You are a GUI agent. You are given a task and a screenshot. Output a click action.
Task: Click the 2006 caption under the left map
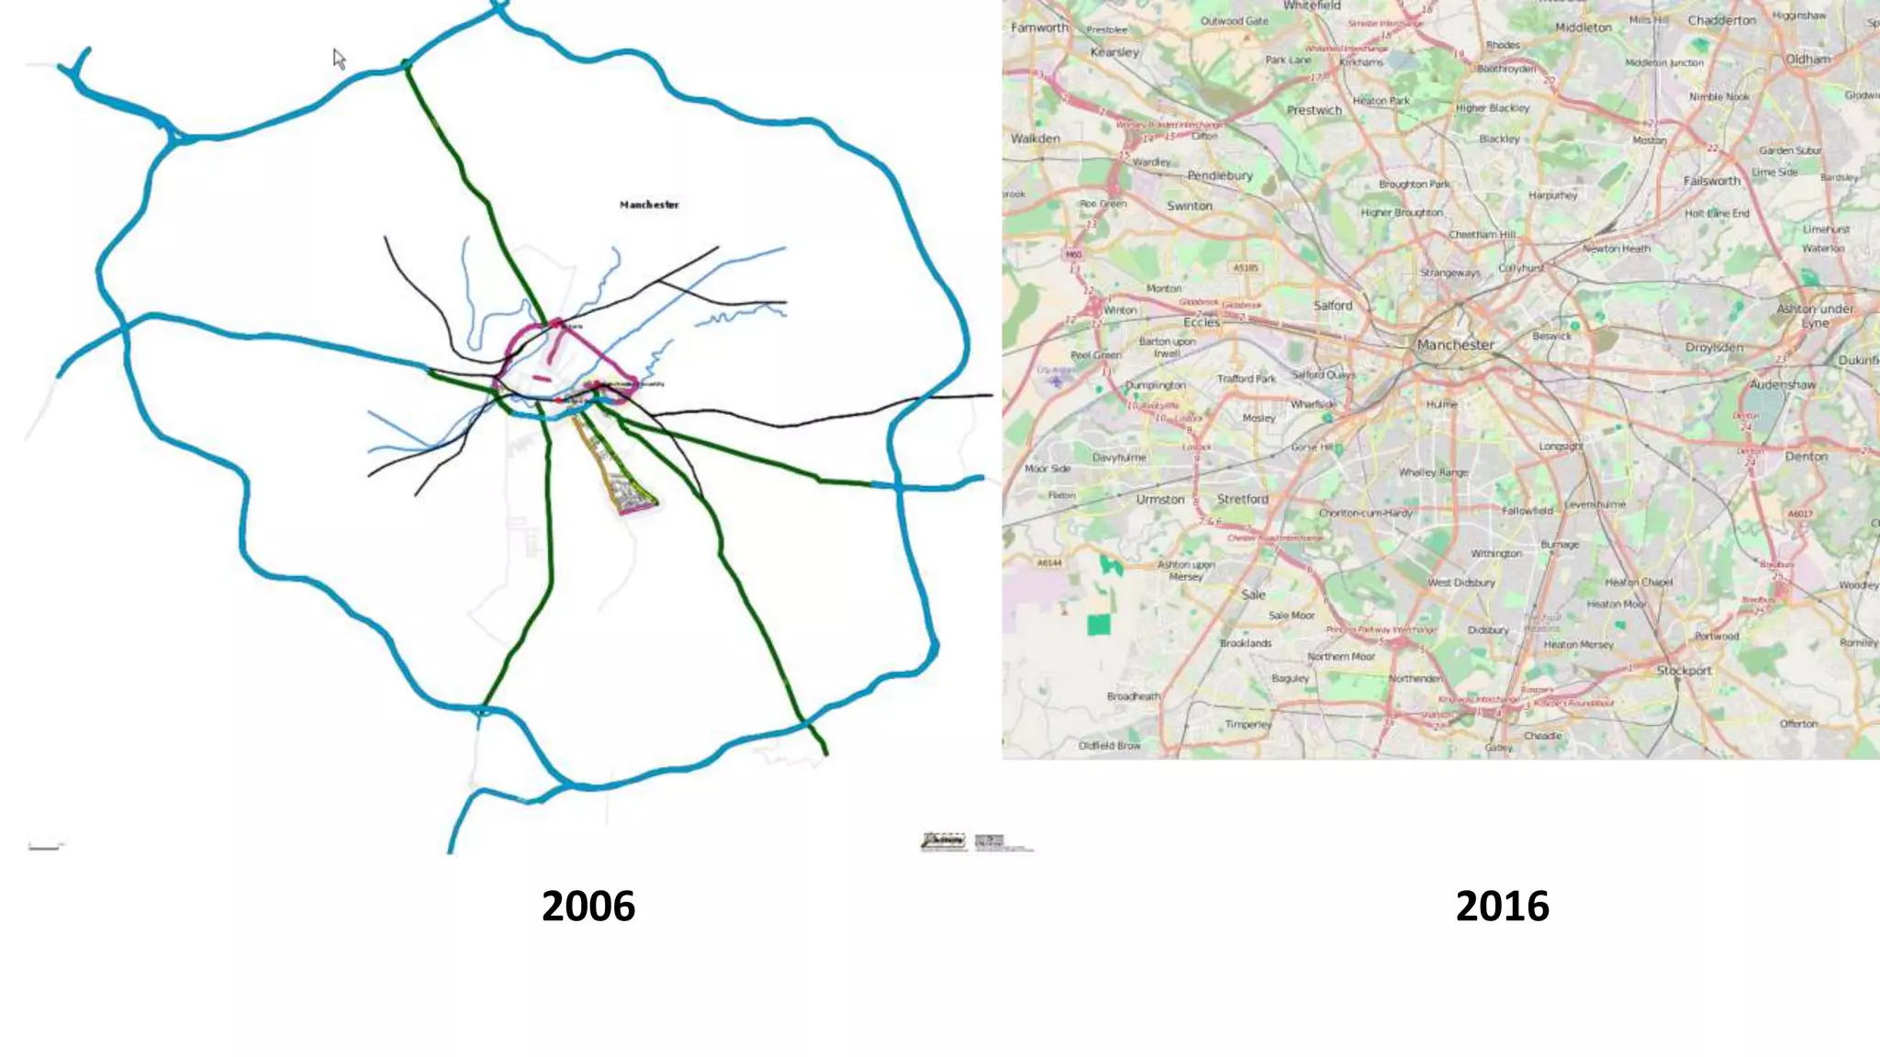587,906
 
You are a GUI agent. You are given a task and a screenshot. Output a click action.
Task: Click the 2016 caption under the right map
1502,906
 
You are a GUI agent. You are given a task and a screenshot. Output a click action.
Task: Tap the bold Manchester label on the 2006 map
649,205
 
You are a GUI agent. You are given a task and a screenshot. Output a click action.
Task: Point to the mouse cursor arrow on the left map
339,60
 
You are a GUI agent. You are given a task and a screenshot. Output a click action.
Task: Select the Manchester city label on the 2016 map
1455,345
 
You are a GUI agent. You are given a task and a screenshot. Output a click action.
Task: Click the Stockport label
1684,671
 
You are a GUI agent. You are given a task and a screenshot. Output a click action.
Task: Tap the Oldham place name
1807,60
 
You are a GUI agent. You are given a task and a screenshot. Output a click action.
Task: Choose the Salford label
1333,306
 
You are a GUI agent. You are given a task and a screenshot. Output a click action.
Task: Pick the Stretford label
1242,499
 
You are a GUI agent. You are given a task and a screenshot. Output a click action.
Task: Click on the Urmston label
1160,500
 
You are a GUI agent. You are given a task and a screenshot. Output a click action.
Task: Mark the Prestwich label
1314,110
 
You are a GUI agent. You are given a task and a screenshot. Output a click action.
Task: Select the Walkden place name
1035,139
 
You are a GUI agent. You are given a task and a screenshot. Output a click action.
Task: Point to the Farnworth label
1039,28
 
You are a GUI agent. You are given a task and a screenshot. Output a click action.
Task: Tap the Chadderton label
1721,20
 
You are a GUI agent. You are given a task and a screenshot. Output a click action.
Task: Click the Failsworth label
1711,182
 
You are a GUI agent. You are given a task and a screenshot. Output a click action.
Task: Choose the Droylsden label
1714,348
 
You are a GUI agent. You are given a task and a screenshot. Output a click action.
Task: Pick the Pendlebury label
1220,175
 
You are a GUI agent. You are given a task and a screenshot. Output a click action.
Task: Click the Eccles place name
1201,322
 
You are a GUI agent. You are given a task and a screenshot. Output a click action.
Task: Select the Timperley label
1248,725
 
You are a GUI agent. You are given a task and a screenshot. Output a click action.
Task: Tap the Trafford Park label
1247,378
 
